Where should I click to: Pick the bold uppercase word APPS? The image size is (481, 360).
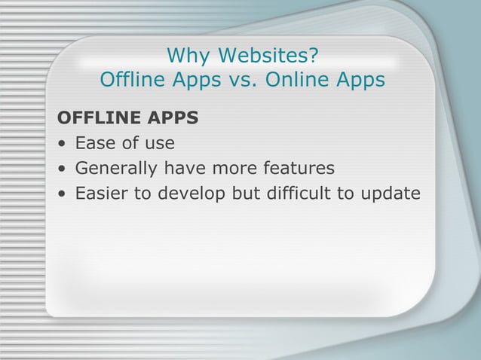(x=173, y=118)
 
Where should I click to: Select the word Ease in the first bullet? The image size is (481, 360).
(x=96, y=142)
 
